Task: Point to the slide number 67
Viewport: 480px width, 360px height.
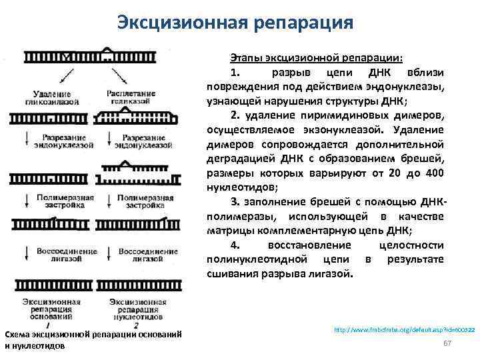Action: [x=448, y=343]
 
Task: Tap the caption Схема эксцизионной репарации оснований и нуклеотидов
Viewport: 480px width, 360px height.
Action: [x=93, y=339]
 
